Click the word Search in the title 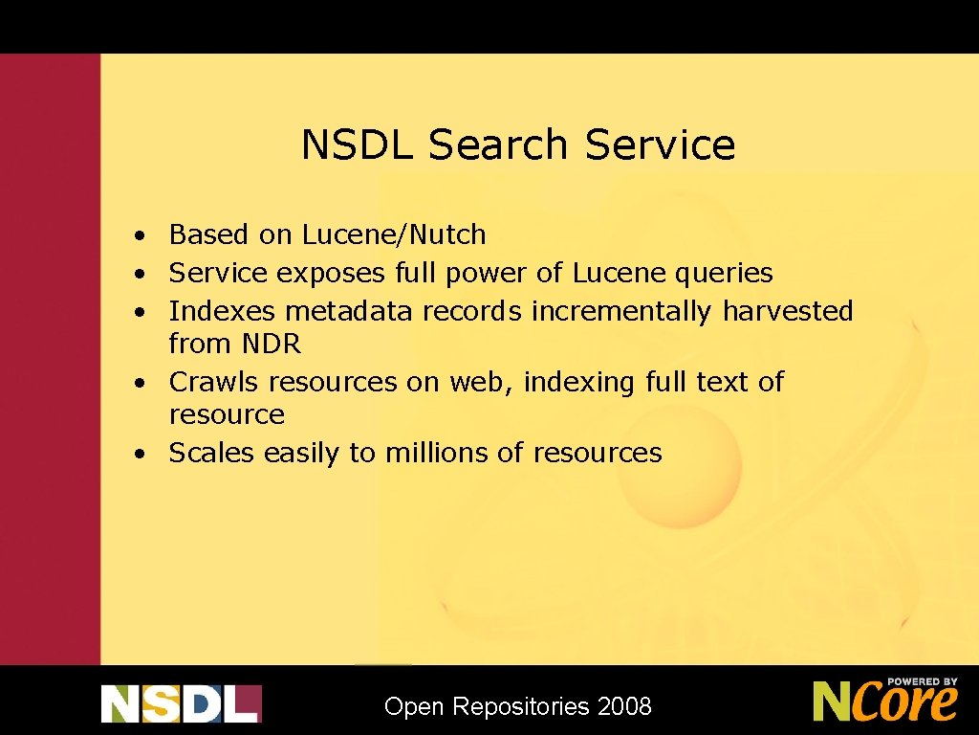pyautogui.click(x=498, y=145)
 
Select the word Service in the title pyautogui.click(x=660, y=145)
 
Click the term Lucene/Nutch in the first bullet pyautogui.click(x=394, y=234)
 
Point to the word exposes pyautogui.click(x=332, y=274)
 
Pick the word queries pyautogui.click(x=724, y=274)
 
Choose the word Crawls pyautogui.click(x=213, y=383)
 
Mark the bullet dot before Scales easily pyautogui.click(x=140, y=455)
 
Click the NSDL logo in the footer pyautogui.click(x=181, y=703)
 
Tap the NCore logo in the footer pyautogui.click(x=884, y=701)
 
